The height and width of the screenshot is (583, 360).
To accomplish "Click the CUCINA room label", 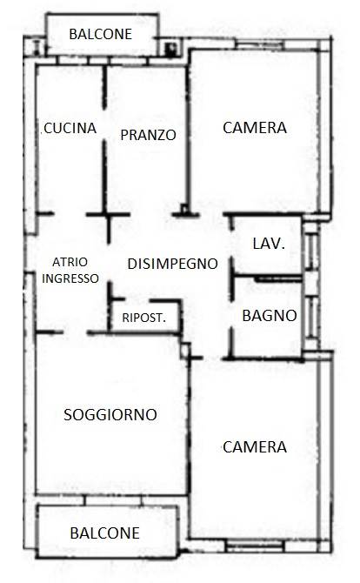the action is point(70,128).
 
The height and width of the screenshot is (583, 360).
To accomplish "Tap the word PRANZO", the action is point(148,135).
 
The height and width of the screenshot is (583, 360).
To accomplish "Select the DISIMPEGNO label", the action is point(172,264).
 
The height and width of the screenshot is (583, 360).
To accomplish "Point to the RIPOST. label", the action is point(144,318).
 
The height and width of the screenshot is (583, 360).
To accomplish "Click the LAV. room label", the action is point(269,244).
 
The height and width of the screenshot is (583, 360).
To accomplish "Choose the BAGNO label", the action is point(270,316).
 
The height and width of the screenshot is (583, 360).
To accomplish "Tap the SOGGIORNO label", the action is point(110,414).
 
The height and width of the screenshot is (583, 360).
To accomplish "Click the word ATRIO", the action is point(70,262).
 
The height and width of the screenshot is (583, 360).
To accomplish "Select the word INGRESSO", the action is point(70,278).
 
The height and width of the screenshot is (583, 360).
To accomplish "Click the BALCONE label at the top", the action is point(101,34).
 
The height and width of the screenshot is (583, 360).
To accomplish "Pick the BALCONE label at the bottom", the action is point(104,533).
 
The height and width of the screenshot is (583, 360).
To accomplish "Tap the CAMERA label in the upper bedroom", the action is point(255,128).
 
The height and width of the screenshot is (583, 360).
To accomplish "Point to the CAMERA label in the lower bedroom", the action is point(255,447).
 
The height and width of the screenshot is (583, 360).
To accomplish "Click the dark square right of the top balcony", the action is point(171,49).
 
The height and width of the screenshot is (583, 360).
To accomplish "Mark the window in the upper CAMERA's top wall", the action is point(260,45).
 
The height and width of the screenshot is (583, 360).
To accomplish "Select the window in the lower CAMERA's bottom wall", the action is point(256,546).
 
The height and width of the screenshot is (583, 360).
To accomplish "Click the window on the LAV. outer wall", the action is point(310,250).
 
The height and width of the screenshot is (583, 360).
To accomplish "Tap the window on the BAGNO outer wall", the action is point(311,317).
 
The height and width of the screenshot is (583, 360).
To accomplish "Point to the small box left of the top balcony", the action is point(37,47).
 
